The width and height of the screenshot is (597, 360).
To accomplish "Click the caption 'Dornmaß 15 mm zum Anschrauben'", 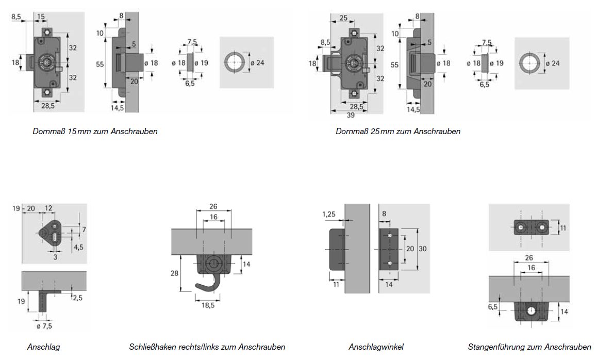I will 95,131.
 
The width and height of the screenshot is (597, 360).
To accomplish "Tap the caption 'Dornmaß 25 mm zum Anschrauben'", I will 398,131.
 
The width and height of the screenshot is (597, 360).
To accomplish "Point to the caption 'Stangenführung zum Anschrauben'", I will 529,347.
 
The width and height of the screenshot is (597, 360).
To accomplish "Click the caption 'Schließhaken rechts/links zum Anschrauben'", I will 207,347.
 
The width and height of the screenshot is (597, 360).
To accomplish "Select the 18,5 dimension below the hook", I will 209,305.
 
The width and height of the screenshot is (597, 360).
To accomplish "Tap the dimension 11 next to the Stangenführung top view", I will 563,227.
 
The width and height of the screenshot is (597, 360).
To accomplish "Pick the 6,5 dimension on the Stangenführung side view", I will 493,306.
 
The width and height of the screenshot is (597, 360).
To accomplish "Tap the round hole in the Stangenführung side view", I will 531,310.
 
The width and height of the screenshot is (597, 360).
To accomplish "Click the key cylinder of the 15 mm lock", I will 47,62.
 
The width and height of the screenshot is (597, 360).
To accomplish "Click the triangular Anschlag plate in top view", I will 52,233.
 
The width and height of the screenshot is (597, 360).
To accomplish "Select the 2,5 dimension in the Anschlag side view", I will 78,298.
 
